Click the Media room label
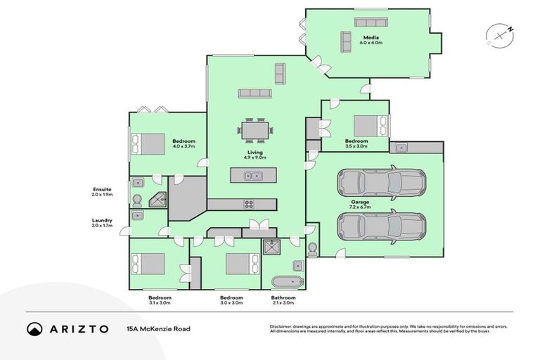[x=372, y=39]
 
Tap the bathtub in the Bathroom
[x=287, y=282]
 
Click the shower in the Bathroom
[x=271, y=248]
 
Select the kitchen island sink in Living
[x=252, y=176]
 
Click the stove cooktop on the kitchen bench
[x=249, y=205]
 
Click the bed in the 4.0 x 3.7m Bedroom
[x=150, y=144]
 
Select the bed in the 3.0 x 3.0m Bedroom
[x=243, y=264]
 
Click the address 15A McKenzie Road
[x=158, y=328]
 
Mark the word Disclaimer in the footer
[x=282, y=326]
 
